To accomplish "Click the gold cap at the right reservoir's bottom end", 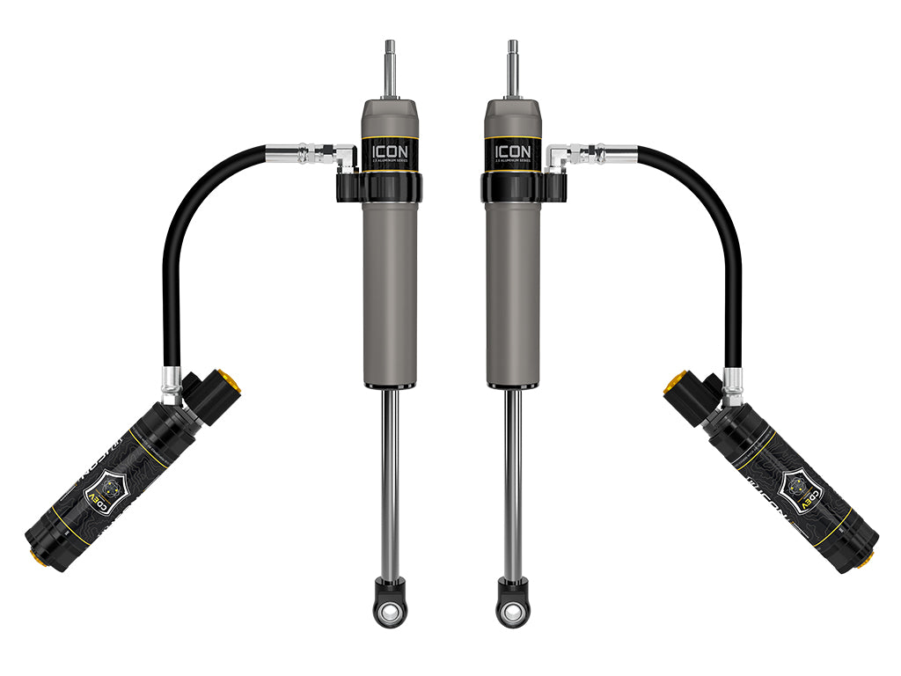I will point(868,557).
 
